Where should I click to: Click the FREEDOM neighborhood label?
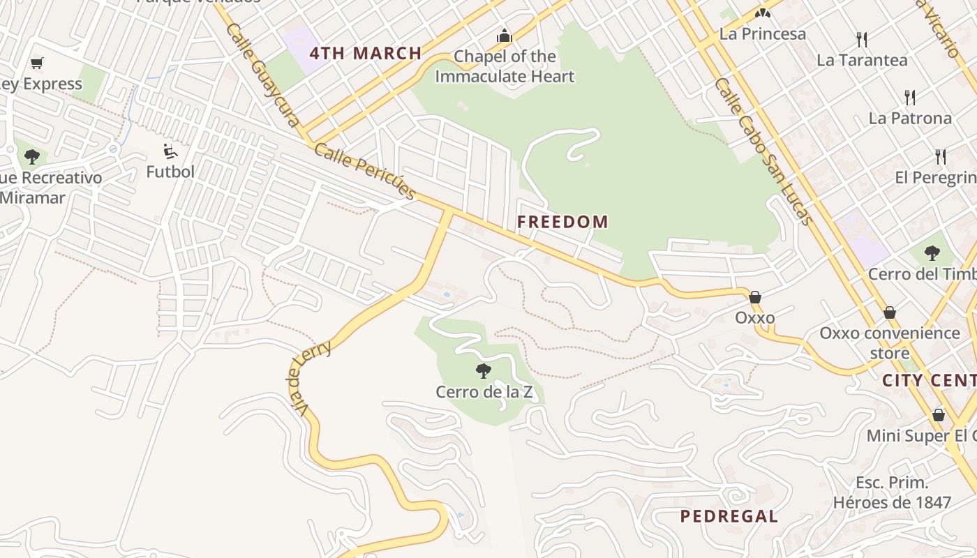[562, 223]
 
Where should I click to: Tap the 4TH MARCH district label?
[366, 53]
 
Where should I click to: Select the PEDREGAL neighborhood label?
[729, 516]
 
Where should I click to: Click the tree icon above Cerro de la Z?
[483, 371]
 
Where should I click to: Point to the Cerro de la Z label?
[484, 392]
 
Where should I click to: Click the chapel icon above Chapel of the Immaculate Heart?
[504, 36]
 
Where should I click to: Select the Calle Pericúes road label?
[365, 172]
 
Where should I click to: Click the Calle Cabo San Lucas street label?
[763, 151]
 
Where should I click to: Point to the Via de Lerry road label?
[310, 376]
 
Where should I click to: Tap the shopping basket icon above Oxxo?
[754, 298]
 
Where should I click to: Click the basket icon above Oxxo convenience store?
[889, 312]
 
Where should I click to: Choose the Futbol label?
[170, 171]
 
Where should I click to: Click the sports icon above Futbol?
[170, 151]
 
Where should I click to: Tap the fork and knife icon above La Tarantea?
[862, 39]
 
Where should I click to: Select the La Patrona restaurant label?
[910, 118]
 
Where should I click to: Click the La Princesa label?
[762, 33]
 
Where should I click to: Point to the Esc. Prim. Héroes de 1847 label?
[892, 492]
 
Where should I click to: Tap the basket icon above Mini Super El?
[939, 416]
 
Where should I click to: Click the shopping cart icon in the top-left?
[37, 63]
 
